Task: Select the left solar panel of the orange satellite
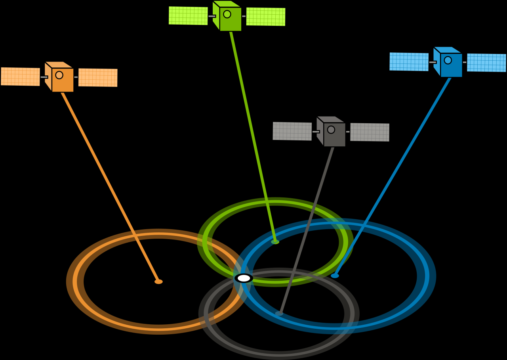(20, 77)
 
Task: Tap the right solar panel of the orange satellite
(98, 78)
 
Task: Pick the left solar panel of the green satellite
(188, 16)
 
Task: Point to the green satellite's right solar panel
(266, 17)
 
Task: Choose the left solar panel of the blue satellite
(409, 62)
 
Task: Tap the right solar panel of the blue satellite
(486, 63)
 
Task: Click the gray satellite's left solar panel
(292, 131)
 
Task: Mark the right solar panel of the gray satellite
(370, 132)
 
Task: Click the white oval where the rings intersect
(244, 278)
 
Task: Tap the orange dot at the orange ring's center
(158, 281)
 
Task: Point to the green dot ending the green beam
(275, 242)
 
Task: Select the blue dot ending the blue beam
(335, 276)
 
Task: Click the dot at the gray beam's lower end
(279, 313)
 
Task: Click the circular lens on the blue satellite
(448, 60)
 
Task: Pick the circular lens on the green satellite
(227, 14)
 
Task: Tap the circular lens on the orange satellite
(59, 75)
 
